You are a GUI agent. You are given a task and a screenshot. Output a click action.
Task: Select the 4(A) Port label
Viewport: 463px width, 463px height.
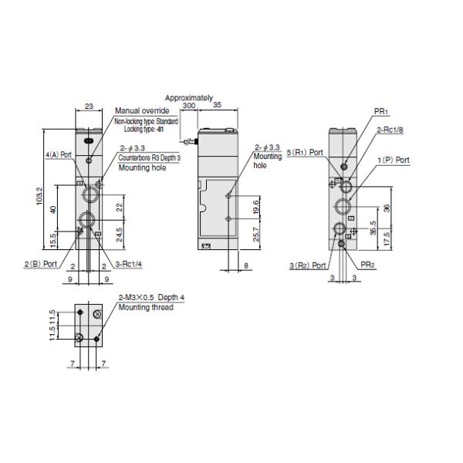pyautogui.click(x=59, y=154)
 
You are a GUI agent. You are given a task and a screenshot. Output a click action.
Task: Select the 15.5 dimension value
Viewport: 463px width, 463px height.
pyautogui.click(x=52, y=241)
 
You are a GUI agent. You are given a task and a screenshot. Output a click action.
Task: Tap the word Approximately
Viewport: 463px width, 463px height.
pyautogui.click(x=188, y=98)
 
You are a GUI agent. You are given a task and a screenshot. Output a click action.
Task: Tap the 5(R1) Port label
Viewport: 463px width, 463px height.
pyautogui.click(x=306, y=152)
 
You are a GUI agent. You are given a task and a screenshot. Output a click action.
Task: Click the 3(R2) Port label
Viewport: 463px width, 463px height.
pyautogui.click(x=305, y=265)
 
